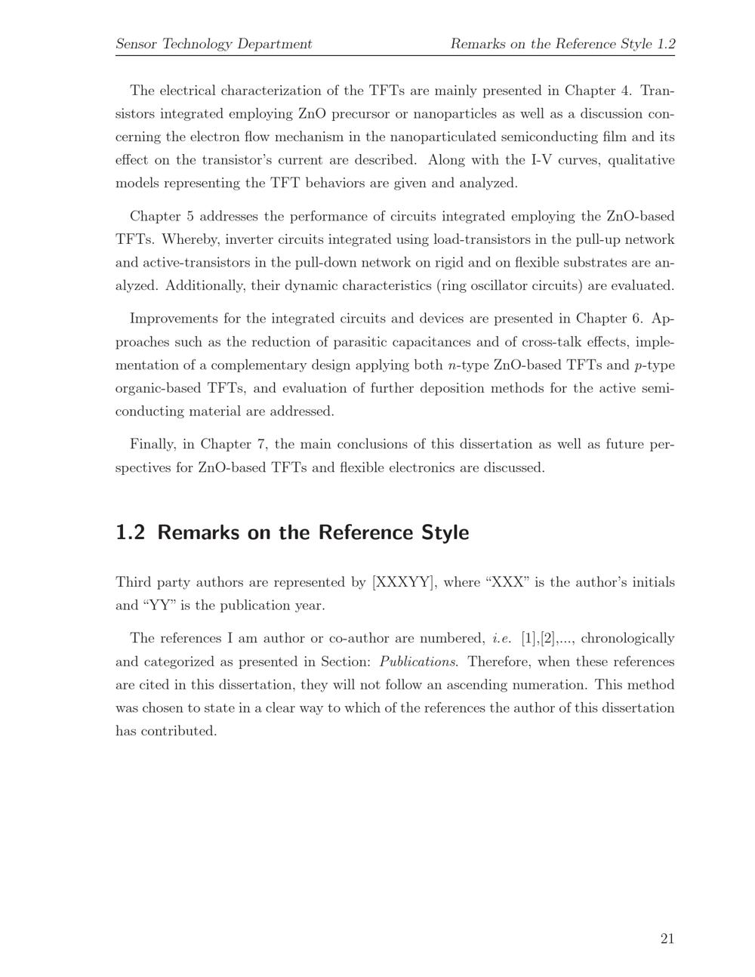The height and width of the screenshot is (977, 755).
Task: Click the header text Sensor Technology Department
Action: [x=214, y=44]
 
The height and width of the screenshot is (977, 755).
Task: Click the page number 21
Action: [x=667, y=938]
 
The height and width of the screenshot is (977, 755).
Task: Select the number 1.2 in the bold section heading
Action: [x=130, y=532]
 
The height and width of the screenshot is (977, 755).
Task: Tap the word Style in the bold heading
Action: [x=442, y=532]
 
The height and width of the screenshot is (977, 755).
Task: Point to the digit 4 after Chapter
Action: [x=625, y=91]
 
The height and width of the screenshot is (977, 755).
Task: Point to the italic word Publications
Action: [x=418, y=662]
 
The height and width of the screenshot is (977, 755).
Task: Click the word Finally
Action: [x=153, y=444]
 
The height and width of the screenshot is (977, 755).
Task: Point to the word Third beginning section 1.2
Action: [x=133, y=582]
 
